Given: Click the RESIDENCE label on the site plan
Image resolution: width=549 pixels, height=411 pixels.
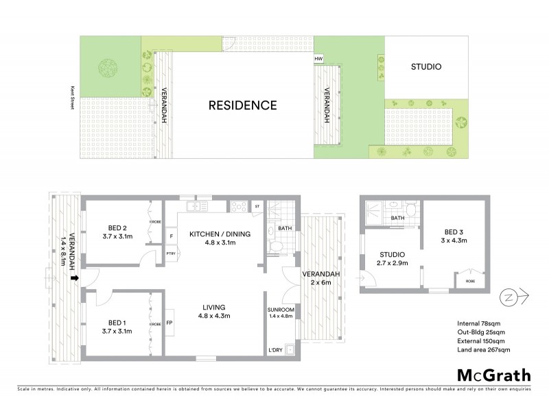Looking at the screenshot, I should (243, 105).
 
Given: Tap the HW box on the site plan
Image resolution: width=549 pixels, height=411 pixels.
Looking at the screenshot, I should (318, 60).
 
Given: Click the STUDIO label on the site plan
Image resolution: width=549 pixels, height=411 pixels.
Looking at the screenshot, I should (425, 67).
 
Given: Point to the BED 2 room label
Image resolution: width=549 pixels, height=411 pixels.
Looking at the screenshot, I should (117, 228).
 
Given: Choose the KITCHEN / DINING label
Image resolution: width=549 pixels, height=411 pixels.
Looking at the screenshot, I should (220, 234).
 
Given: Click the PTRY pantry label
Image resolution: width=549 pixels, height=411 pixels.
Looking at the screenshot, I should (170, 254).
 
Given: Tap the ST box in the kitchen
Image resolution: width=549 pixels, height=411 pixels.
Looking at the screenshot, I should (257, 206).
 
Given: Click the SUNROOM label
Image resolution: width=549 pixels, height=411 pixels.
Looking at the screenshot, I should (281, 310).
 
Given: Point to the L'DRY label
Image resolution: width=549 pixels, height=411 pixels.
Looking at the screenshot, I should (276, 351).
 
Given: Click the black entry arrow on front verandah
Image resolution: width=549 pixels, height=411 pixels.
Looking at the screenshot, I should (74, 278).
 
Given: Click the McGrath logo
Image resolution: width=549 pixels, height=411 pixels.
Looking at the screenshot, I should (493, 375).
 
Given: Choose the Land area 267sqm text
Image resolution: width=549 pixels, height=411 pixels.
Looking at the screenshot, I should (483, 350).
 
